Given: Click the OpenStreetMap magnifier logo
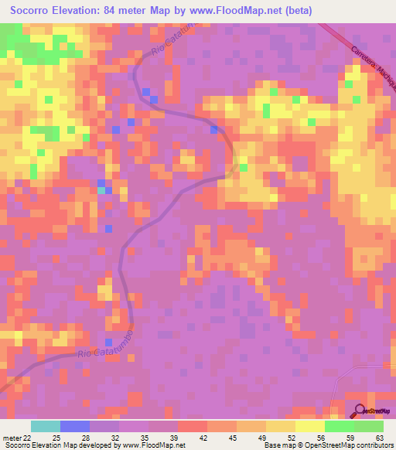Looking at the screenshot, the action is (360, 411).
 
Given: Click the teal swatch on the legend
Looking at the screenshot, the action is (45, 427).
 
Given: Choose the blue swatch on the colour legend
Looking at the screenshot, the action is (74, 427).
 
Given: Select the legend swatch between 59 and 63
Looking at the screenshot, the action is (369, 427).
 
